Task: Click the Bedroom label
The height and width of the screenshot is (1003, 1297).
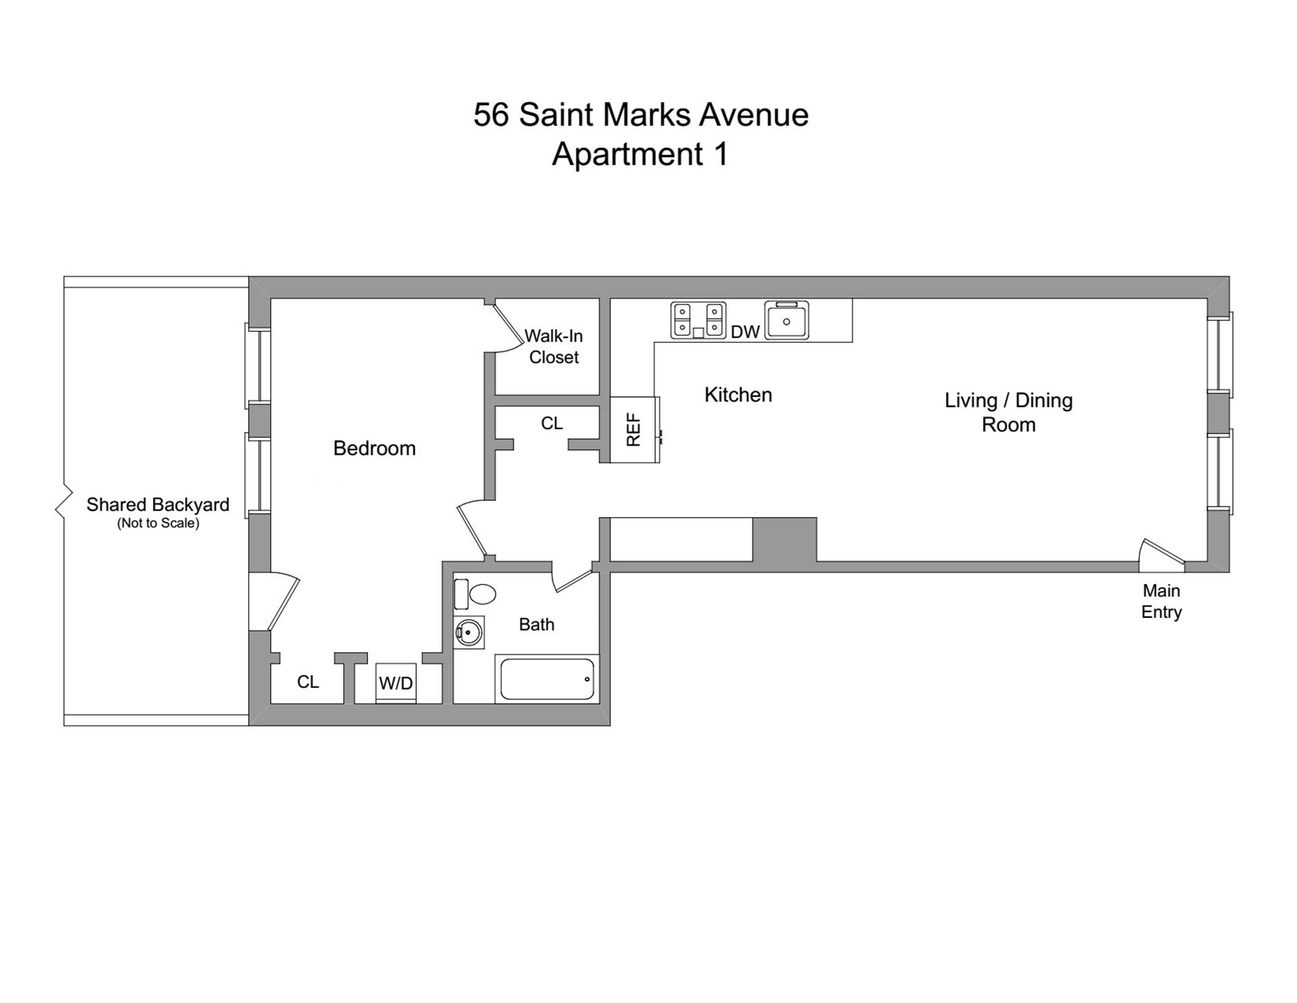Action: (374, 448)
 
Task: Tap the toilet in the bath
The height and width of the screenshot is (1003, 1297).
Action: (476, 594)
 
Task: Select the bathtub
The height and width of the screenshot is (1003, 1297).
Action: (547, 679)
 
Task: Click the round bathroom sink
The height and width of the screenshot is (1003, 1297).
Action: (469, 633)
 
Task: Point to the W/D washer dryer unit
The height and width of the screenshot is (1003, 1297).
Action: (396, 683)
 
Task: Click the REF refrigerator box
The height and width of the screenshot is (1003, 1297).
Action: (634, 430)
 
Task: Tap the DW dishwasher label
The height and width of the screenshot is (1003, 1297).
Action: (745, 332)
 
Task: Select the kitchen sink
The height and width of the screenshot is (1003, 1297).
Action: (786, 320)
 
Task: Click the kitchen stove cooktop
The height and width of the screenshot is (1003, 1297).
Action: (698, 320)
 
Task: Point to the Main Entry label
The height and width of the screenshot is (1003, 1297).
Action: (1161, 601)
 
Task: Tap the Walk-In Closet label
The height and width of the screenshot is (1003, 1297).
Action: (553, 346)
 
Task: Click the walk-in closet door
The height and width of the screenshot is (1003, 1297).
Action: (509, 327)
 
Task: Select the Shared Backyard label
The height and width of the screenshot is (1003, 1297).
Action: (157, 505)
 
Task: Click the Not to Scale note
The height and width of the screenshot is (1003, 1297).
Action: (158, 523)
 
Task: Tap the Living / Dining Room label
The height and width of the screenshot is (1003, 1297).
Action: (1008, 412)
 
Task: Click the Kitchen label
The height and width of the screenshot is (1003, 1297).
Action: (738, 395)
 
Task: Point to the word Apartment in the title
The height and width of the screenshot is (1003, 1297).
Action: (628, 154)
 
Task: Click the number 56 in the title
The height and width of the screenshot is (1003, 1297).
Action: (490, 115)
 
